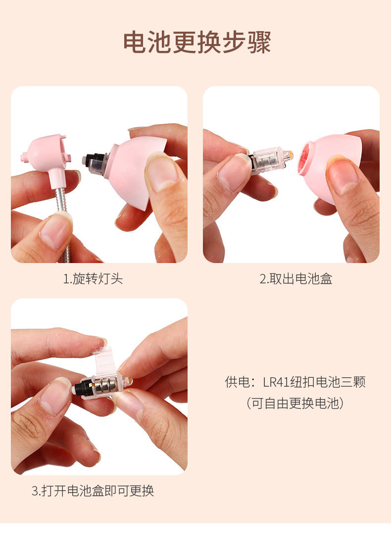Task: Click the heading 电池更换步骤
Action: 196,43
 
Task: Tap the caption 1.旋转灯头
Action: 93,279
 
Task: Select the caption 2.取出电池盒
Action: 296,279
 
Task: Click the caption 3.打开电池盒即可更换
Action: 93,491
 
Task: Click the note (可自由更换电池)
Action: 295,403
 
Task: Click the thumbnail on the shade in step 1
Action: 161,171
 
